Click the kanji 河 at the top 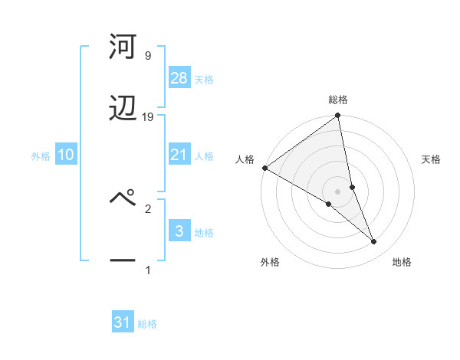pos(123,48)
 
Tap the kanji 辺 pos(123,109)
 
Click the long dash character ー pos(123,261)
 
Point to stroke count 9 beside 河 pos(147,56)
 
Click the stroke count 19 pos(148,117)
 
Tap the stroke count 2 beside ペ pos(148,208)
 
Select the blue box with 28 pos(179,78)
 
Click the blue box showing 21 pos(179,155)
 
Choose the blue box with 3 pos(179,231)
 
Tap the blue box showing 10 pos(66,155)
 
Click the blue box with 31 pos(123,322)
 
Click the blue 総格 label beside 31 pos(147,324)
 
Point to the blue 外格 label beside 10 pos(41,155)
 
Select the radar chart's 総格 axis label pos(338,100)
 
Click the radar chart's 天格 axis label pos(431,159)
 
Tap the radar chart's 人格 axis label pos(245,159)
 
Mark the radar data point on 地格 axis pos(374,241)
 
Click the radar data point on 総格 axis pos(338,116)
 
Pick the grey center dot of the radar pos(338,191)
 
